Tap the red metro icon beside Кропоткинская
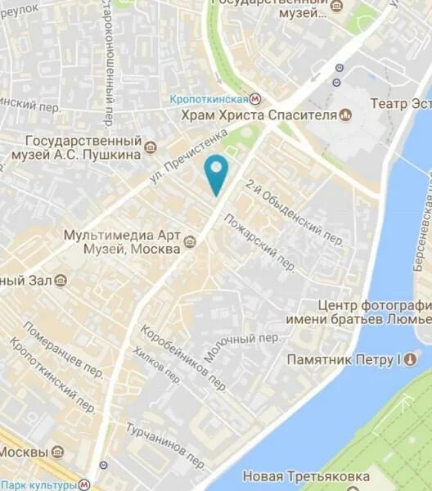(256, 98)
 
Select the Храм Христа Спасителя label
(260, 115)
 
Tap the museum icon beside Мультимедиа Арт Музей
(189, 241)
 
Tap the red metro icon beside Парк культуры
(85, 484)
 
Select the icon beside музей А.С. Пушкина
(150, 148)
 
